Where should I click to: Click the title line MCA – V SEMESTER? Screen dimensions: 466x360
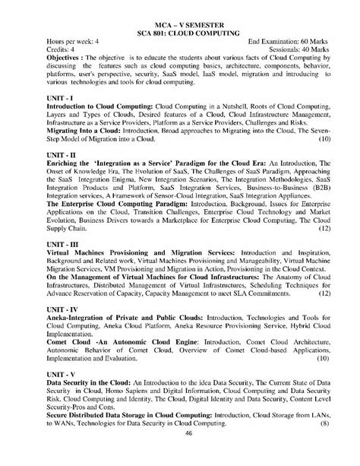(179, 26)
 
